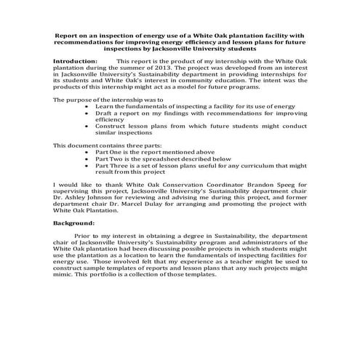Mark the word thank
(x=95, y=185)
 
